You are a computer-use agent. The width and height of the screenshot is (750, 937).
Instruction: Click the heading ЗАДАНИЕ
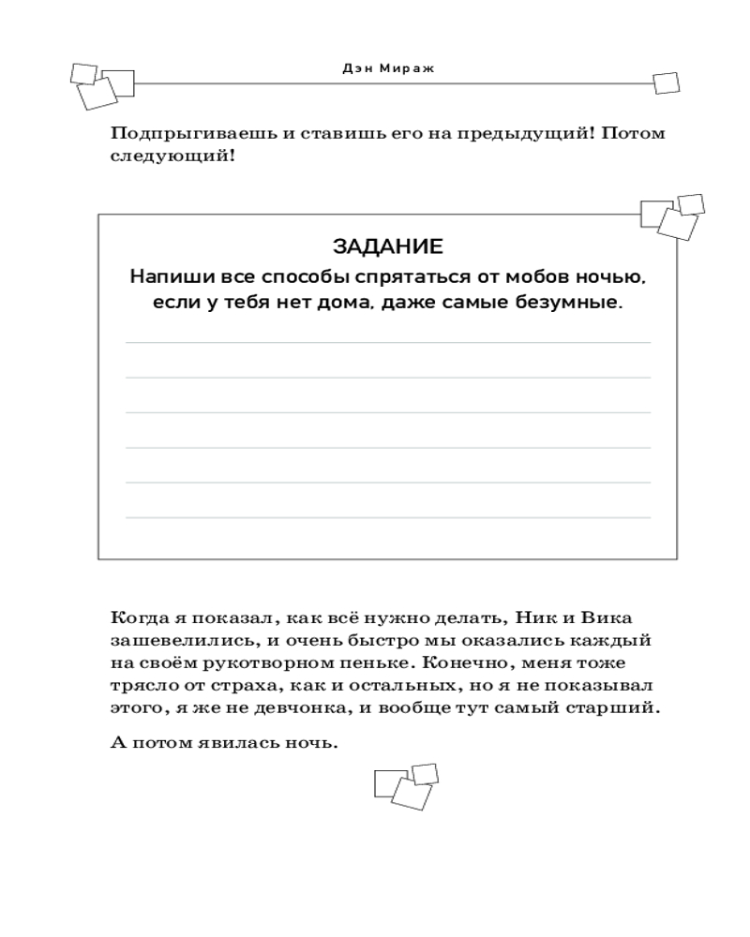pyautogui.click(x=387, y=246)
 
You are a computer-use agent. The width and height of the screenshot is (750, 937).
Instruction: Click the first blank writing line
pyautogui.click(x=387, y=343)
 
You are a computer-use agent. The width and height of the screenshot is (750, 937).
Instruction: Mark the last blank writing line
pyautogui.click(x=387, y=517)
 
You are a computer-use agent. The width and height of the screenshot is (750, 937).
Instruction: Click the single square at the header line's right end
pyautogui.click(x=666, y=82)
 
